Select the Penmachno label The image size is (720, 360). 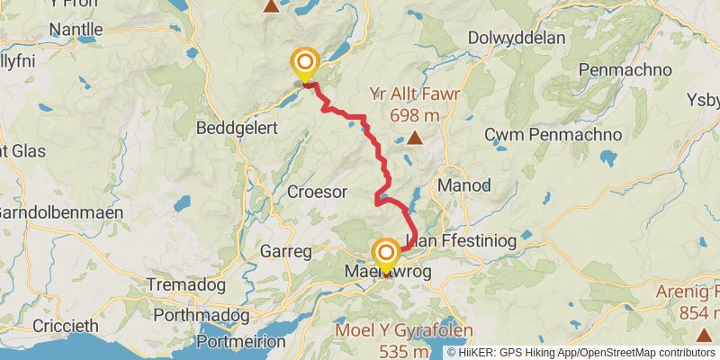click(621, 69)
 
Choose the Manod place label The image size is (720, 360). click(463, 186)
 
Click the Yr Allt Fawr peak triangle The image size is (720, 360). click(414, 138)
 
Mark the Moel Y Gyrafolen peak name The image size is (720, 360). click(404, 330)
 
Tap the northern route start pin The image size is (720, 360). click(305, 63)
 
